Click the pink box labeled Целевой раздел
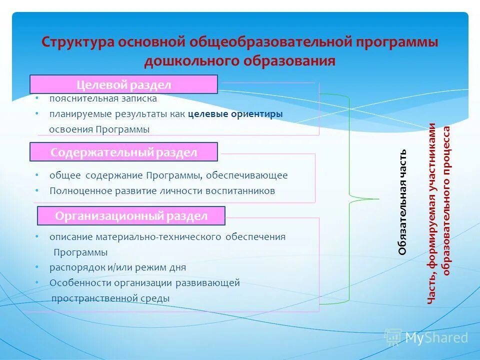coord(123,84)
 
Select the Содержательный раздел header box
coord(123,152)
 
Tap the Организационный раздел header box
coord(131,216)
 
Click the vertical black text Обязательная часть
coord(402,202)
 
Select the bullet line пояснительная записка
coord(102,98)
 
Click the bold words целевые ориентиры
coord(235,114)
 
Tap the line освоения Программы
coord(99,129)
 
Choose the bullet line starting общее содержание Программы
coord(168,175)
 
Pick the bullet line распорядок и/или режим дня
coord(117,267)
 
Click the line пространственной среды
coord(110,298)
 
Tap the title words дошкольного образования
coord(239,61)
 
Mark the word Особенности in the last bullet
coord(80,283)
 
